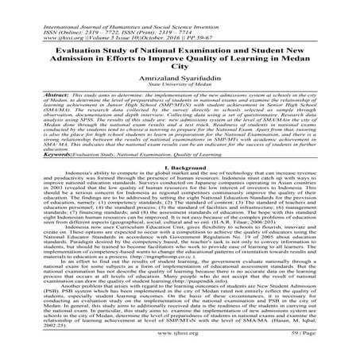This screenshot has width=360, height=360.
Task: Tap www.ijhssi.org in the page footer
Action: point(179,355)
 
